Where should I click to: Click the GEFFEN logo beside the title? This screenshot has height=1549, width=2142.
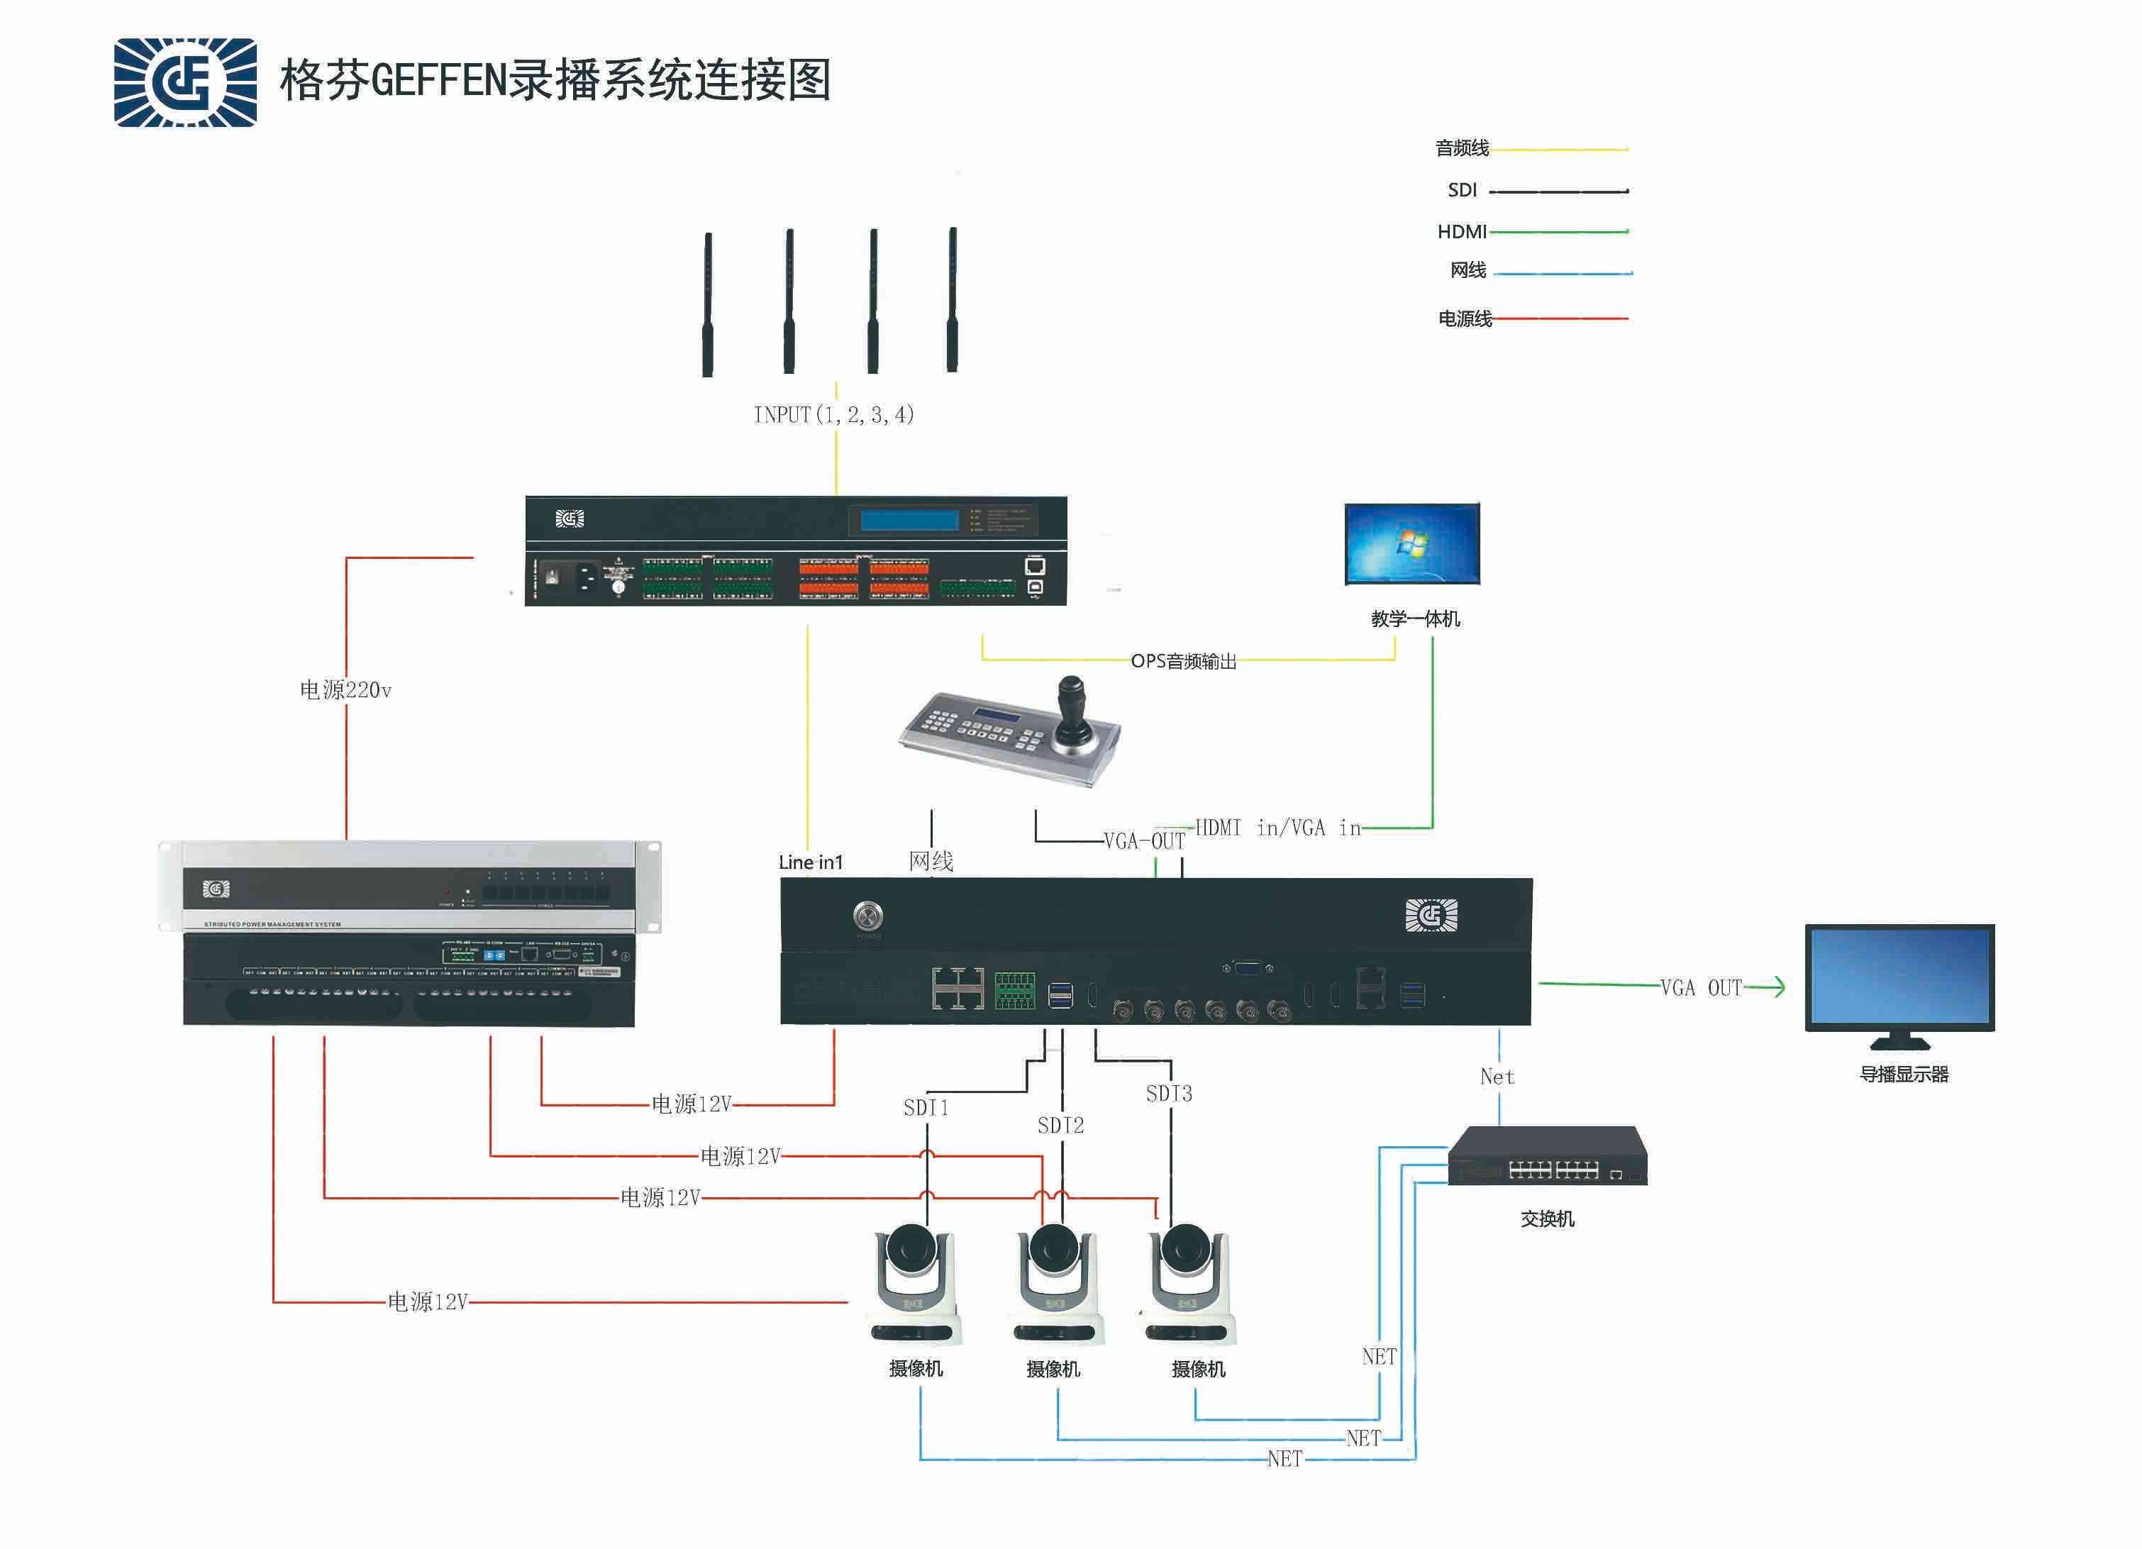185,82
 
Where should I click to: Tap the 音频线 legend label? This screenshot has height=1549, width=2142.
1461,148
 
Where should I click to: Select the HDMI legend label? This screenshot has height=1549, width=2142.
1461,231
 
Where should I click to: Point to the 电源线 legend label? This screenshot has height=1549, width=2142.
1464,319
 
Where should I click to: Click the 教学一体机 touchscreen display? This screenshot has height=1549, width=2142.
1412,544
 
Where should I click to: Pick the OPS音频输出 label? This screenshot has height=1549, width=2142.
1183,661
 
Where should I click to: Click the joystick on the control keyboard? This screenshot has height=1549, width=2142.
1072,709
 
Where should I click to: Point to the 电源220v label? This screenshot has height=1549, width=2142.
345,690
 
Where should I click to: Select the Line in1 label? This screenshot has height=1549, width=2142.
810,862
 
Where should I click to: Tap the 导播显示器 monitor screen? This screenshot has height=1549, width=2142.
1899,977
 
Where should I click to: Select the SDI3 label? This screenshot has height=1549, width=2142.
1168,1094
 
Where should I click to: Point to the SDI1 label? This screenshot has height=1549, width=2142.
926,1108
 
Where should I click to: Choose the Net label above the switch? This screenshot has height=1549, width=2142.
1497,1077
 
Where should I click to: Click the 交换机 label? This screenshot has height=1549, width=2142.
1547,1219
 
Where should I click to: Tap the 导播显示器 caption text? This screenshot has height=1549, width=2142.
1904,1075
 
